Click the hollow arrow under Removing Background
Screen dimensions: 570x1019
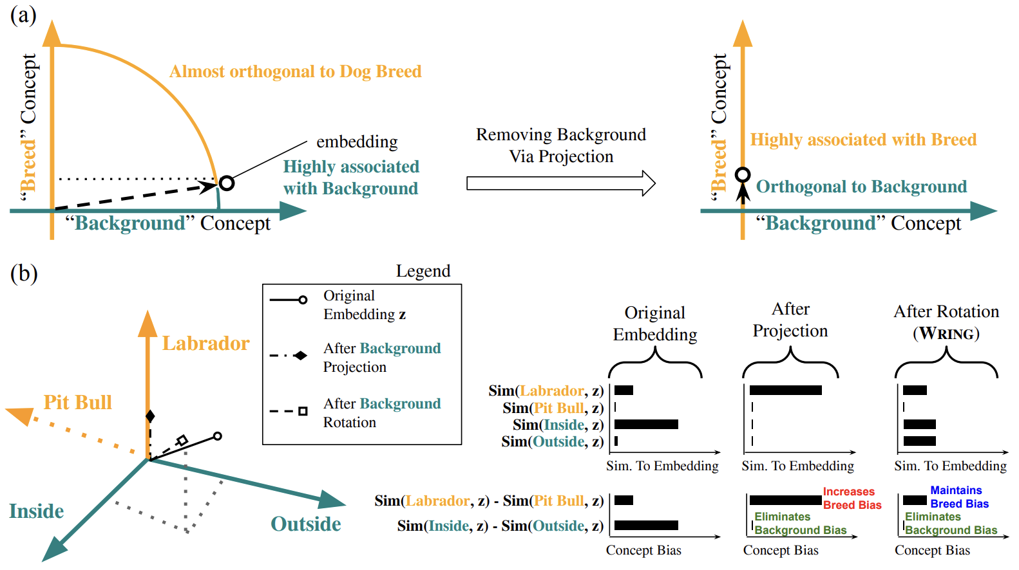point(560,183)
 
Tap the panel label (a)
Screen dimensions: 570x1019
point(23,14)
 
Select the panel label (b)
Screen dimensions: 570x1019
point(24,273)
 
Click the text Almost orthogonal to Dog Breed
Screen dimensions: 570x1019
point(295,71)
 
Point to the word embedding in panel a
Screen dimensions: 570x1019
point(357,142)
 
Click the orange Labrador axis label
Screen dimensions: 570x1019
point(205,344)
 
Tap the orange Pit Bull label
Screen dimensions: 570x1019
point(77,403)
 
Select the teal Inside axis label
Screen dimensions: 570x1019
point(36,511)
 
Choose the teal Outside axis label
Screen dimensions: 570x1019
point(305,524)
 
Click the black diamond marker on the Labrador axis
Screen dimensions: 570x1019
point(150,416)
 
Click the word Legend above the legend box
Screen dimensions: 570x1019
point(423,271)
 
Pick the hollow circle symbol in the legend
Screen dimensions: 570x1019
point(303,300)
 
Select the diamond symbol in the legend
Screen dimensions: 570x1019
point(300,355)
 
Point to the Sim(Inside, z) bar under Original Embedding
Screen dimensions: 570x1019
point(646,425)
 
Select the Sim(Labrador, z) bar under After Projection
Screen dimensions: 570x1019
point(785,390)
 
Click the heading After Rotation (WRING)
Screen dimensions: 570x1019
point(946,322)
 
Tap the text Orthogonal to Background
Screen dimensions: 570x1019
point(861,187)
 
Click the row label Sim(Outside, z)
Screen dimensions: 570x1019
point(552,442)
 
